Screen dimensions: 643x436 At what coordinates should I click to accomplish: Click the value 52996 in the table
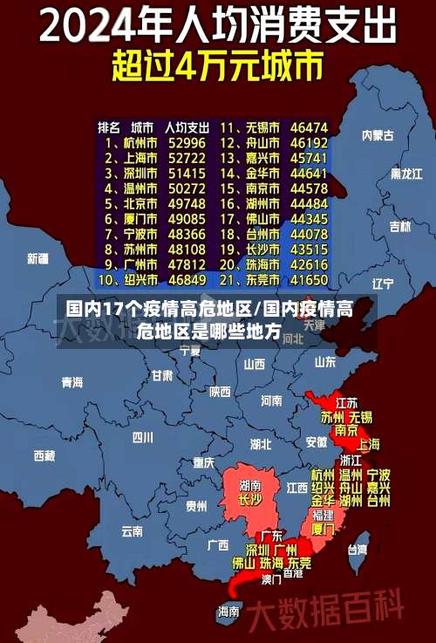tap(187, 142)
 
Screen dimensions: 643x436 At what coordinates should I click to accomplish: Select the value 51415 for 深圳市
tap(187, 173)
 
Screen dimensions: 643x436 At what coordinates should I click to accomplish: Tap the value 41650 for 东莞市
tap(309, 281)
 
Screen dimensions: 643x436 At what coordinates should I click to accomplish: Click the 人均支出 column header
tap(187, 127)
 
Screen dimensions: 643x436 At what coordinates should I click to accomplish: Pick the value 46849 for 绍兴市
tap(187, 281)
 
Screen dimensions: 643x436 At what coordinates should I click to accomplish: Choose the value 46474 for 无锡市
tap(309, 127)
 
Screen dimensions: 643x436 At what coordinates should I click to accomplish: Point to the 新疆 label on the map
tap(37, 258)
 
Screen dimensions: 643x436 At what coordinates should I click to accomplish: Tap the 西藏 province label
tap(44, 455)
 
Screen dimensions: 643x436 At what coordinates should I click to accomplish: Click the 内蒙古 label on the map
tap(378, 134)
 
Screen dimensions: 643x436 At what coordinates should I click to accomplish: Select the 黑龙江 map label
tap(406, 174)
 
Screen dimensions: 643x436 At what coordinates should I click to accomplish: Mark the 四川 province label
tap(142, 437)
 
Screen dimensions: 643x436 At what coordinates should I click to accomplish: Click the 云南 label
tap(132, 530)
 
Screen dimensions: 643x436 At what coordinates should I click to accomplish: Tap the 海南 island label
tap(228, 611)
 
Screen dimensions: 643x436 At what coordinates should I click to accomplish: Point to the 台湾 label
tap(358, 550)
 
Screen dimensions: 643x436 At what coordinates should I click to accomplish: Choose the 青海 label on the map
tap(72, 382)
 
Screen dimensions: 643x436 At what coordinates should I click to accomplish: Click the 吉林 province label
tap(399, 227)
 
